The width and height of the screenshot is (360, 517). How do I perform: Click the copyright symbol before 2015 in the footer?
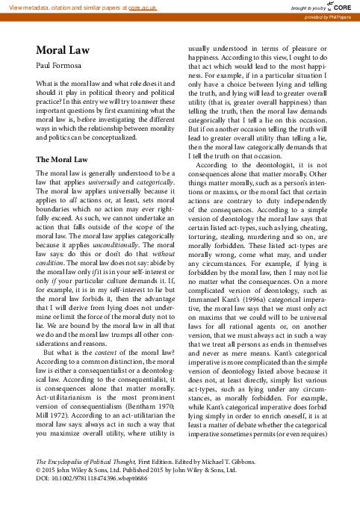[x=39, y=492]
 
